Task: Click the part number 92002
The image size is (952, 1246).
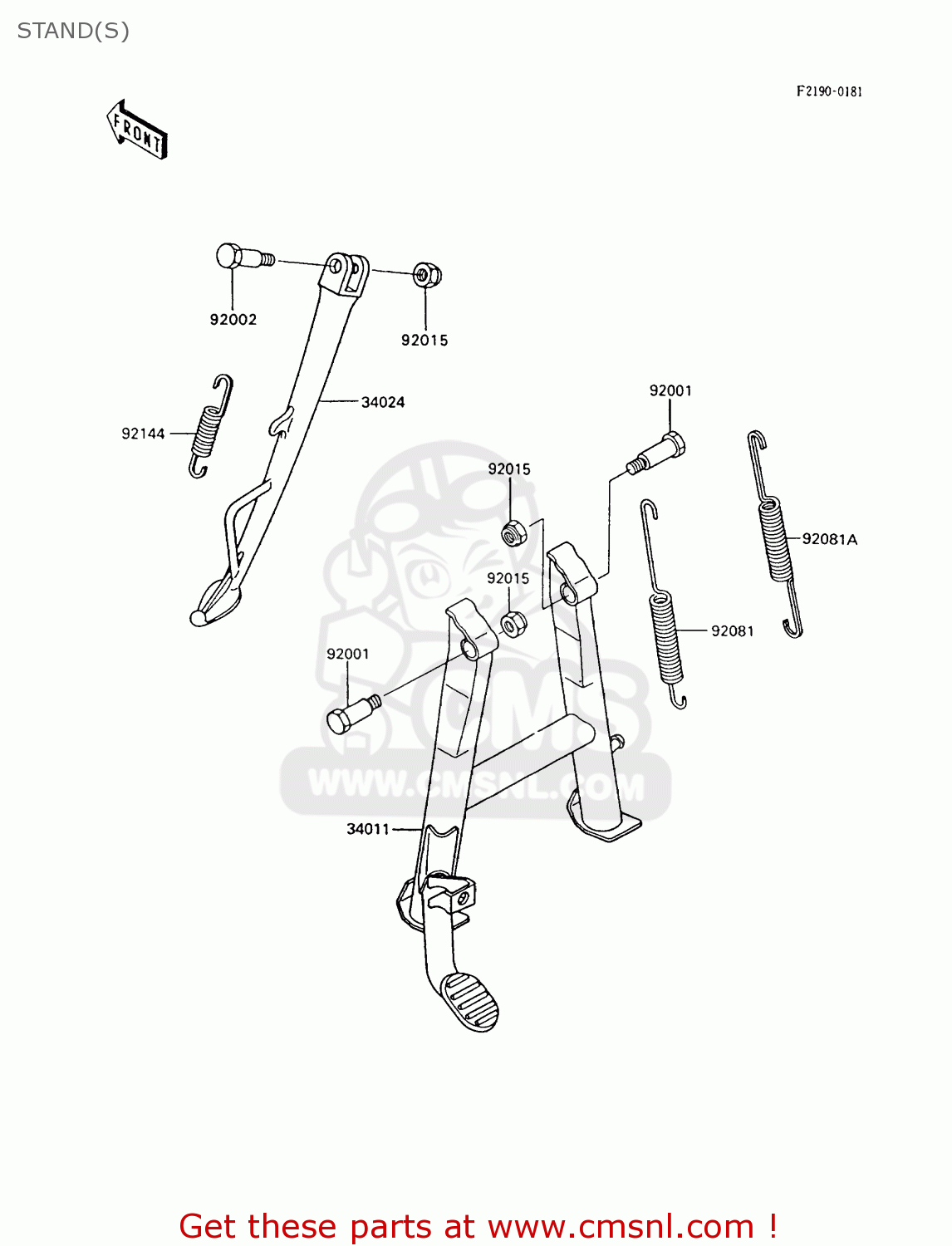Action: coord(233,319)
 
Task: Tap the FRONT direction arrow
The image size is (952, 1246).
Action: coord(137,130)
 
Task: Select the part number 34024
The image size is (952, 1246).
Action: coord(382,402)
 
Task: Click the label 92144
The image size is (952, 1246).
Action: coord(143,434)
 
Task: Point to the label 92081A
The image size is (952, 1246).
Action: coord(829,539)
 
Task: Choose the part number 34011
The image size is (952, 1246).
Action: coord(368,829)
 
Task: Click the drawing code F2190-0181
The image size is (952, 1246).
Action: coord(829,91)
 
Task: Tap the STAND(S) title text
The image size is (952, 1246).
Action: coord(73,31)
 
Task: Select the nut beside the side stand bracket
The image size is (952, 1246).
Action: coord(427,273)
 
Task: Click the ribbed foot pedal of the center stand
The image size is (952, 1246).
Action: coord(470,1000)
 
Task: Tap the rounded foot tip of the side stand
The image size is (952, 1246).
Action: coord(199,617)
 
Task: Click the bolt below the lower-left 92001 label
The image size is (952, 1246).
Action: coord(351,714)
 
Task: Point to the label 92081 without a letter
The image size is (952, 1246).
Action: coord(732,631)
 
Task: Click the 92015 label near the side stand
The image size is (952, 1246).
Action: coord(424,340)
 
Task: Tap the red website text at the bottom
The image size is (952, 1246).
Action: coord(478,1226)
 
